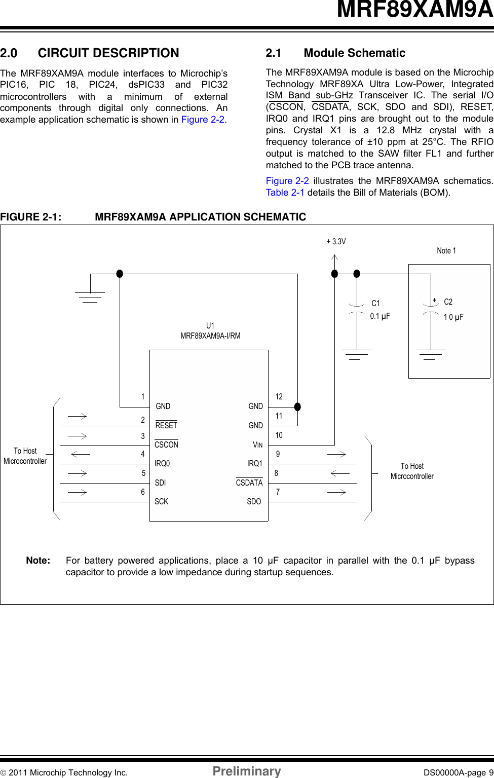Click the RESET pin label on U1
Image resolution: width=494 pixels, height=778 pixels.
(166, 426)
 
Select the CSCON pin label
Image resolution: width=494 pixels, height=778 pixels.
(166, 445)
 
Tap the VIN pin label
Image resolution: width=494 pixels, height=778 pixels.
(257, 445)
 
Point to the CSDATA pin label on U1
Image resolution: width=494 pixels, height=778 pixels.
(249, 483)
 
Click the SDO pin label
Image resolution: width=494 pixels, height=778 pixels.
(254, 502)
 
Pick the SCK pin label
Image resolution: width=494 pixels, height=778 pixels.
(161, 502)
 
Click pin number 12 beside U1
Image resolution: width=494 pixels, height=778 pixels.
(279, 397)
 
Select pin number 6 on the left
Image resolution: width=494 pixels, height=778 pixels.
(143, 492)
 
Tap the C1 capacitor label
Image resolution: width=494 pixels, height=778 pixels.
(375, 304)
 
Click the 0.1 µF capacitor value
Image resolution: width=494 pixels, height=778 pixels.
(380, 316)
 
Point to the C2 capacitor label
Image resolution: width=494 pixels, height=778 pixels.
(448, 302)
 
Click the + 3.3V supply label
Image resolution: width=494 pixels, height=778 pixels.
(336, 242)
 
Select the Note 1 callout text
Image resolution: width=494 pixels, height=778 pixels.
(446, 251)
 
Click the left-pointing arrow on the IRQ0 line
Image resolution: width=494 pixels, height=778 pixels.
(81, 455)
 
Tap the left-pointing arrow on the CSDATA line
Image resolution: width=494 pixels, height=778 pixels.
(339, 473)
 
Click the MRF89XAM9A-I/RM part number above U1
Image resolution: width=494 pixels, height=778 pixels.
(210, 336)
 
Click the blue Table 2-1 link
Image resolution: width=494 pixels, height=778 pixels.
(285, 193)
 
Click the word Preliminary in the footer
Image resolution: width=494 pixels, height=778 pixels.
(247, 771)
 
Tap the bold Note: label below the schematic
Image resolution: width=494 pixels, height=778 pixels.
(38, 561)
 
